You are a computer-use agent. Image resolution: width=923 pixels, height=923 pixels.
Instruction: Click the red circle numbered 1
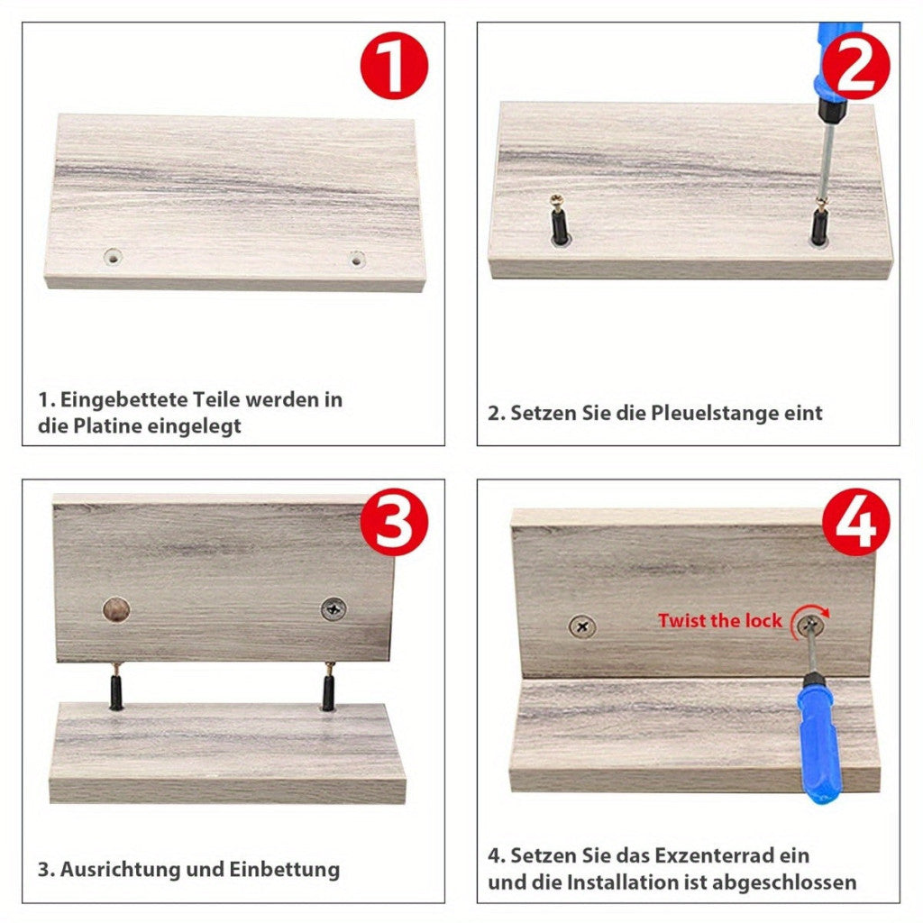(394, 65)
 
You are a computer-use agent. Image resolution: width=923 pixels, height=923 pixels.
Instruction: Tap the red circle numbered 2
(856, 65)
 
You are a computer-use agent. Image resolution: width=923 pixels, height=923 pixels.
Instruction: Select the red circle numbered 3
(394, 522)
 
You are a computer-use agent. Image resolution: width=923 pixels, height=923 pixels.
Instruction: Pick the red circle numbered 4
(856, 522)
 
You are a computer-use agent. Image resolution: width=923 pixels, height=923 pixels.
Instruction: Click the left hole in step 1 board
(113, 257)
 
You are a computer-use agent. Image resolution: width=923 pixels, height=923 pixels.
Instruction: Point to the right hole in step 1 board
(357, 258)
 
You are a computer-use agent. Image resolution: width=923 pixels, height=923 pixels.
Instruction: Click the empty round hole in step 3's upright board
(116, 609)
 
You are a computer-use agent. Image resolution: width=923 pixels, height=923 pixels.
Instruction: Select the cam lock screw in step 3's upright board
(334, 609)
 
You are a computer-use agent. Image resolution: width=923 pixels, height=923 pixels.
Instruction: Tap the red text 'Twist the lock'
(719, 620)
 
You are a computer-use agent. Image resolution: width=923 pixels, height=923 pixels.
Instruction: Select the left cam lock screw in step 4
(582, 627)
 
